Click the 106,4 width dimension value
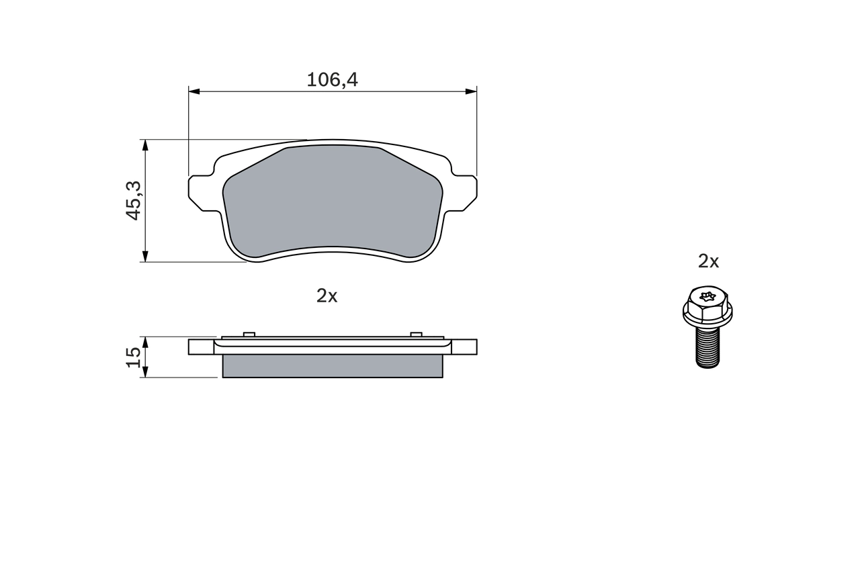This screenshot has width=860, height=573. pos(332,80)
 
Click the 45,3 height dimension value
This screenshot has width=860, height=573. pos(133,200)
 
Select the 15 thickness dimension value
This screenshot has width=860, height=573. pos(133,357)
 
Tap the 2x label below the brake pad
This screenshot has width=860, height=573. pos(327,296)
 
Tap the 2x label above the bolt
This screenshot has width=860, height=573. pos(708,261)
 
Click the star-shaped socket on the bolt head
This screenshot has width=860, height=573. pos(707,296)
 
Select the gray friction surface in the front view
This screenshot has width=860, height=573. pos(332,202)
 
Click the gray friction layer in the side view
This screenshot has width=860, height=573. pos(332,366)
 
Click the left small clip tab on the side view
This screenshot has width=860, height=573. pos(249,334)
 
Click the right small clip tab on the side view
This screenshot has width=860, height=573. pos(416,334)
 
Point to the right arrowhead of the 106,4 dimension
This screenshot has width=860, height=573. pos(470,91)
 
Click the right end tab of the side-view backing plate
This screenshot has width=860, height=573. pos(465,347)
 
